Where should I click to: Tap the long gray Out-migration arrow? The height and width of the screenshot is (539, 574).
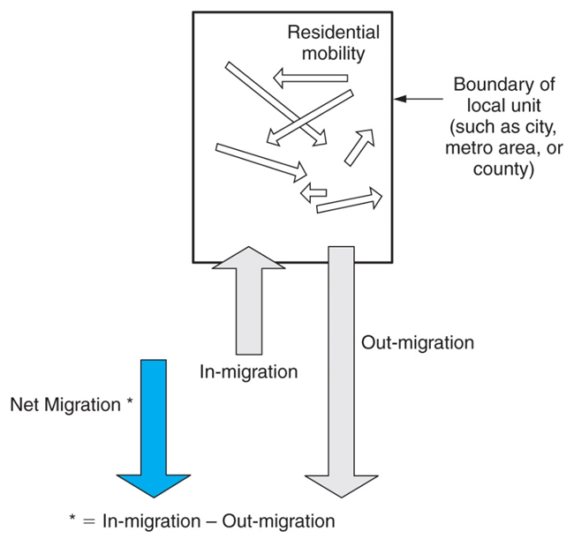tap(343, 371)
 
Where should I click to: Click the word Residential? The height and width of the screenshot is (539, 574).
tap(333, 34)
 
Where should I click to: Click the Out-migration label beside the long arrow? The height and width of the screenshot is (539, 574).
tap(418, 341)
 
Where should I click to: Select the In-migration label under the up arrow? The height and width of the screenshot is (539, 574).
tap(248, 371)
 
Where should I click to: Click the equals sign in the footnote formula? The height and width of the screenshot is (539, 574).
tap(92, 520)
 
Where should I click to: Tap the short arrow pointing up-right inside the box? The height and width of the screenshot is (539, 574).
tap(358, 146)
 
